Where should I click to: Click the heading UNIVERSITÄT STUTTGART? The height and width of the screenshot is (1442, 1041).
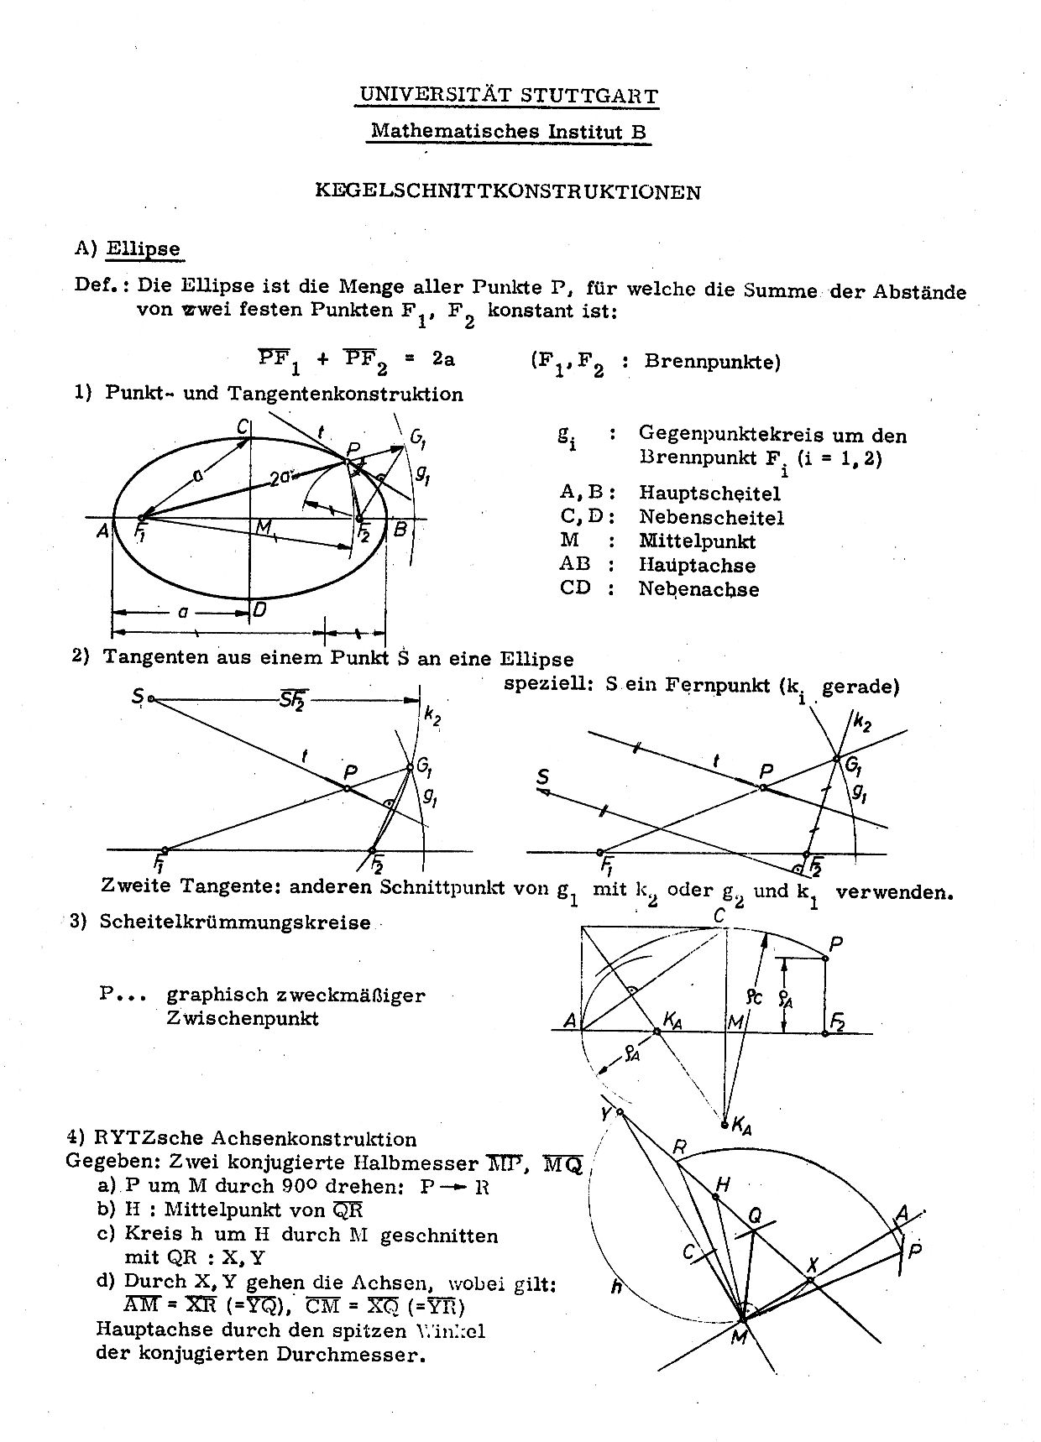pos(507,95)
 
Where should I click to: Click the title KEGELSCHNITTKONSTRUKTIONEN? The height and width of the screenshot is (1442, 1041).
pos(507,191)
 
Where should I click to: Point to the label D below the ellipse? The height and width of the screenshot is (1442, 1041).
pos(259,610)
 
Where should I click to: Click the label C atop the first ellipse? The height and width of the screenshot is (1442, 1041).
pos(242,427)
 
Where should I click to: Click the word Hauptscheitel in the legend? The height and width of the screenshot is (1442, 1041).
pos(709,493)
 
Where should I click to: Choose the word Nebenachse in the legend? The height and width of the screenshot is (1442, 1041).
pos(698,589)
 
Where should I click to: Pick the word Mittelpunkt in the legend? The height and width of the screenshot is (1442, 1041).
pos(697,541)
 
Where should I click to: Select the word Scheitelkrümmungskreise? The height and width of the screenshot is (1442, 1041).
pos(235,922)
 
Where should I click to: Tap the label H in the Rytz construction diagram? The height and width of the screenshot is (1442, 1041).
pos(722,1184)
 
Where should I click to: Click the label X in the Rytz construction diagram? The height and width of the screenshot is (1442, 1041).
pos(812,1265)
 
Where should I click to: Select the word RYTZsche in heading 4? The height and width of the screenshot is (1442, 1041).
pos(134,1139)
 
